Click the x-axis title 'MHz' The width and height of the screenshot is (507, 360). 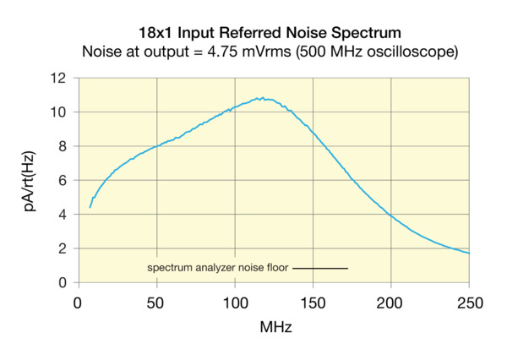click(x=275, y=325)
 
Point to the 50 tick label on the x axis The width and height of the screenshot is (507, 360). click(x=156, y=300)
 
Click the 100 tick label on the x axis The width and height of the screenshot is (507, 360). click(x=235, y=300)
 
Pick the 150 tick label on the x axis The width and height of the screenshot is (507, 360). click(x=313, y=300)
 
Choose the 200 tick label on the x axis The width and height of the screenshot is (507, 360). click(x=391, y=300)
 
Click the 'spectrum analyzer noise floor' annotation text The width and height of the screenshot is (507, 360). click(x=218, y=268)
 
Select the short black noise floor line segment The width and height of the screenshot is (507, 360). click(x=320, y=269)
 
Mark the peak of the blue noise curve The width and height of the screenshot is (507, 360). click(x=263, y=98)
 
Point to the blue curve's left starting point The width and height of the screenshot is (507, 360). click(x=90, y=207)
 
